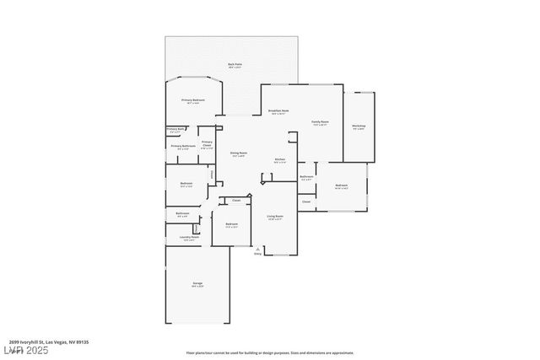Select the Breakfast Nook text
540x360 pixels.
point(279,111)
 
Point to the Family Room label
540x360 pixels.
point(320,122)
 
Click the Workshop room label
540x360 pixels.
point(358,127)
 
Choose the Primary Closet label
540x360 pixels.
point(207,144)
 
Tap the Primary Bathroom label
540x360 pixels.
point(183,147)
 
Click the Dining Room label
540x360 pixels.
point(238,154)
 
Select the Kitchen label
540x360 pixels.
point(279,159)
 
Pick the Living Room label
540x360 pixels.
point(275,218)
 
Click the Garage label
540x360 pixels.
point(197,285)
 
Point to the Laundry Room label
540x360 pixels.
point(189,238)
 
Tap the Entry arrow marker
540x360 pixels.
point(257,250)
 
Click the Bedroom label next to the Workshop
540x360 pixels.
point(342,185)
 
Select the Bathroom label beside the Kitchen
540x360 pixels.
point(306,177)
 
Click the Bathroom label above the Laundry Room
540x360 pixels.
point(182,214)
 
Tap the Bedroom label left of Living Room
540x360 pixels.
point(231,224)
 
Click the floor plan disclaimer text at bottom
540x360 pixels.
point(269,352)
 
